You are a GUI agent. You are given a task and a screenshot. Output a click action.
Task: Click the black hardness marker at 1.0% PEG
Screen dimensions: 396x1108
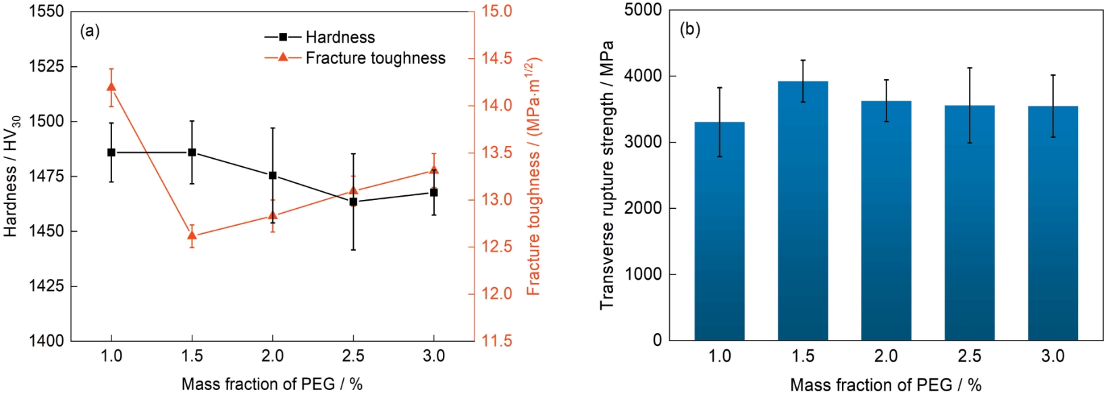pyautogui.click(x=111, y=153)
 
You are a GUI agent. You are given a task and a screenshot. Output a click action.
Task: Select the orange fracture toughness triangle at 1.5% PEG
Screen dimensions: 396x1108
pyautogui.click(x=192, y=236)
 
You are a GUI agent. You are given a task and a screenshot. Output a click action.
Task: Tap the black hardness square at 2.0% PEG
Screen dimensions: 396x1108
pyautogui.click(x=273, y=176)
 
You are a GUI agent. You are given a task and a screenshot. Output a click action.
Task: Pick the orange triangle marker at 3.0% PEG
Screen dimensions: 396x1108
pyautogui.click(x=433, y=170)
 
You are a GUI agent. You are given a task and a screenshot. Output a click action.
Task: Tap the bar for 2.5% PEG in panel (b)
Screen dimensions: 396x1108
pyautogui.click(x=970, y=223)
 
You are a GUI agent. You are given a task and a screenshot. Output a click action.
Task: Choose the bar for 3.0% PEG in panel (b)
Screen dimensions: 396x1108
pyautogui.click(x=1053, y=223)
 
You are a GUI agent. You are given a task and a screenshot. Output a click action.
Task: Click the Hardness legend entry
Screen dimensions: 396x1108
pyautogui.click(x=340, y=37)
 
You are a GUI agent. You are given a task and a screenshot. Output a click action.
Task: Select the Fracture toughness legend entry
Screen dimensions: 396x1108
pyautogui.click(x=375, y=58)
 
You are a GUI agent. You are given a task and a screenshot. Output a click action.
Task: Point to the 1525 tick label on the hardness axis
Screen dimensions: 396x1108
pyautogui.click(x=47, y=67)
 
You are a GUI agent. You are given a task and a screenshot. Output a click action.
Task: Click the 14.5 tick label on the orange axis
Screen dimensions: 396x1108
pyautogui.click(x=496, y=58)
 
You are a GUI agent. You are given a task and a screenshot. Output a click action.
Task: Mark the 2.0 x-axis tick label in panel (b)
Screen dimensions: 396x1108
pyautogui.click(x=886, y=356)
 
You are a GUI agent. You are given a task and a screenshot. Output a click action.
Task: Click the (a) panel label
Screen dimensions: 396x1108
pyautogui.click(x=90, y=31)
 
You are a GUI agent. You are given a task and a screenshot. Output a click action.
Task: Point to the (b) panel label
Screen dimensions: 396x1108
pyautogui.click(x=690, y=30)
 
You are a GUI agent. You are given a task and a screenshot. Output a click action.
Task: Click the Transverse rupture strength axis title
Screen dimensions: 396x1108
pyautogui.click(x=606, y=176)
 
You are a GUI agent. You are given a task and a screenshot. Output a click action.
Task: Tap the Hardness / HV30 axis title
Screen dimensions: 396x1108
pyautogui.click(x=11, y=176)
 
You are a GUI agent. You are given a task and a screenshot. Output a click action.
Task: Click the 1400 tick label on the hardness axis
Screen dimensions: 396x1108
pyautogui.click(x=47, y=341)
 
